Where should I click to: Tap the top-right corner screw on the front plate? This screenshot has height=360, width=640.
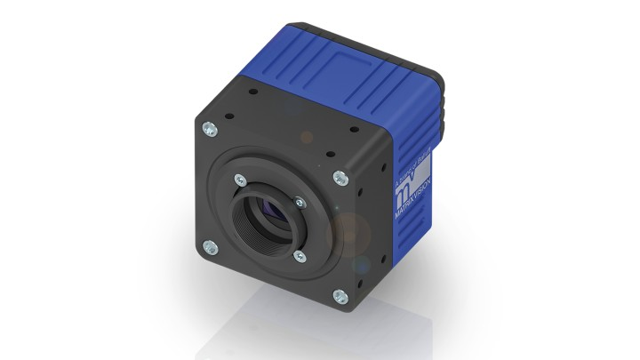point(340,178)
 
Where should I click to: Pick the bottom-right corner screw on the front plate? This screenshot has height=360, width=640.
point(339,297)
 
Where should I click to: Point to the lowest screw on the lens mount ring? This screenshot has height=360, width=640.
point(300,257)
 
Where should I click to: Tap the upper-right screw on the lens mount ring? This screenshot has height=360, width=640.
point(313,200)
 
